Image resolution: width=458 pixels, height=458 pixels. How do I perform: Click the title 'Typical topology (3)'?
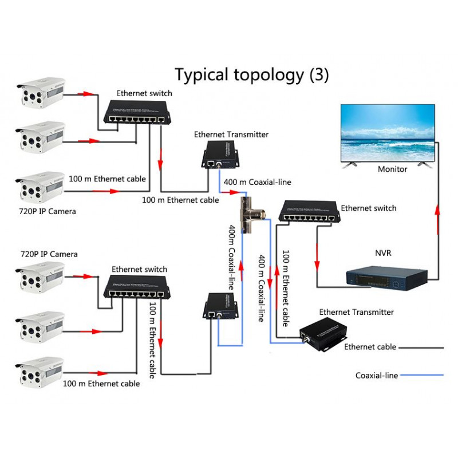[x=252, y=75]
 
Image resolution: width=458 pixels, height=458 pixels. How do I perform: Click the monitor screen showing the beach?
[x=388, y=132]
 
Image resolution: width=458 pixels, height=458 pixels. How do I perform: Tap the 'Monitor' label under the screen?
[x=392, y=169]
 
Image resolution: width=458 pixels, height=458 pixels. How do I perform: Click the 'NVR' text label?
[x=384, y=252]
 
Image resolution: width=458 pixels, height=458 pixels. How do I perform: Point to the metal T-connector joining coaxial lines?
[x=251, y=215]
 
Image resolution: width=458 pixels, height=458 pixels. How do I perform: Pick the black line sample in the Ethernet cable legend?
[x=421, y=347]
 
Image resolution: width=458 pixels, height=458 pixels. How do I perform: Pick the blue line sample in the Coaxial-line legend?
[x=421, y=376]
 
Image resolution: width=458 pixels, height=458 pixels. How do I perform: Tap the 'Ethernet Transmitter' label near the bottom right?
[x=356, y=312]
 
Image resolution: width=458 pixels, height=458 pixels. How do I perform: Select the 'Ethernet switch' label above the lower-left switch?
[x=139, y=269]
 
